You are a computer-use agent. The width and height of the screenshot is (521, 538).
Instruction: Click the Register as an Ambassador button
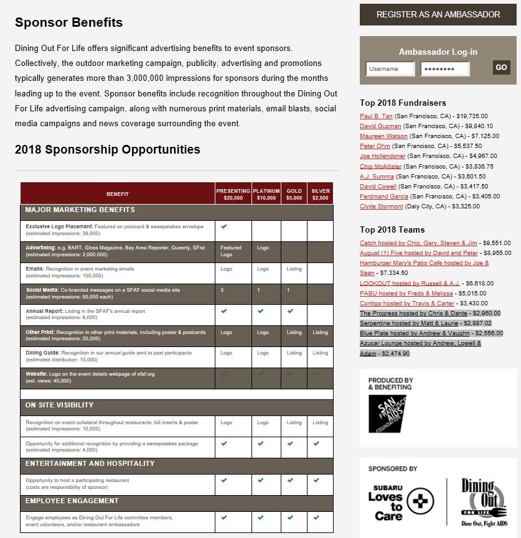pos(438,14)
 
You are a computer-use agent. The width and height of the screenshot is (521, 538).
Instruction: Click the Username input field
pos(390,69)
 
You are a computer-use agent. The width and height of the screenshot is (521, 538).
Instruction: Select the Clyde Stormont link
pos(382,206)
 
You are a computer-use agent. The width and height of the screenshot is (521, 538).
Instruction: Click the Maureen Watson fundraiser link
pos(383,136)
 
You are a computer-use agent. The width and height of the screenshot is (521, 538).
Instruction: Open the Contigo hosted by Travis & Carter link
pos(407,303)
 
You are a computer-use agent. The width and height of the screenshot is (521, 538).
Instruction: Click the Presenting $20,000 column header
pos(233,194)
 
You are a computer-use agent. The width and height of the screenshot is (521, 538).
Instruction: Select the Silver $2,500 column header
pos(320,194)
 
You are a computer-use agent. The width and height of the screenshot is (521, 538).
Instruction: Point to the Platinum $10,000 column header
pos(266,194)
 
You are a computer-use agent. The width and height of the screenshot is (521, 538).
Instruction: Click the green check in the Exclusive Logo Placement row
pos(223,226)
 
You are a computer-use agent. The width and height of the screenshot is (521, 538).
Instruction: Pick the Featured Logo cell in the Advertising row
pos(231,251)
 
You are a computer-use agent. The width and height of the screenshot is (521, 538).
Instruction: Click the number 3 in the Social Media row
pos(222,290)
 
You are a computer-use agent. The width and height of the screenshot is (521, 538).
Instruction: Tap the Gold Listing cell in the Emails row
pos(294,269)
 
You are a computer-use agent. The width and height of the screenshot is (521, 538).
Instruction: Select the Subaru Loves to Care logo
pos(399,501)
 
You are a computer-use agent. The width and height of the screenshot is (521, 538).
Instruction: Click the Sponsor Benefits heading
pos(69,23)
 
